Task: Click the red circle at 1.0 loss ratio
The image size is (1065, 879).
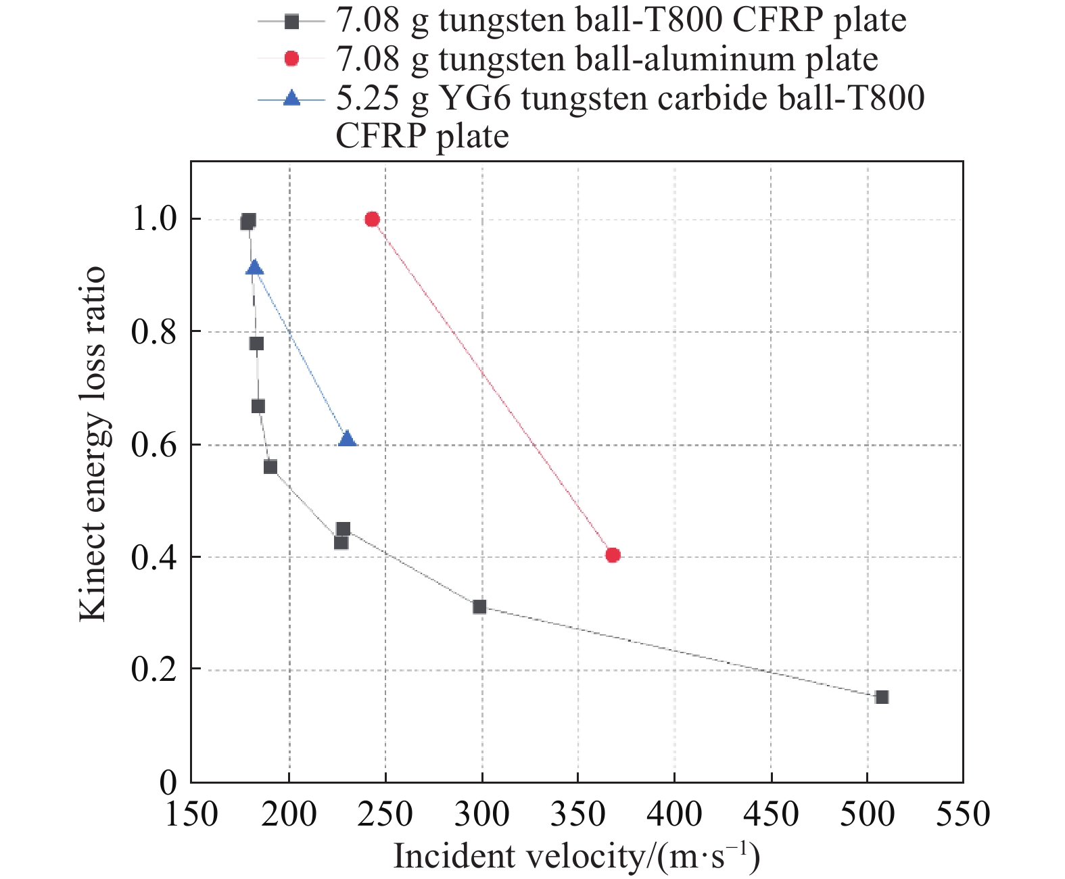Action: (372, 219)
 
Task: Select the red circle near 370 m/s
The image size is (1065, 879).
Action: (613, 555)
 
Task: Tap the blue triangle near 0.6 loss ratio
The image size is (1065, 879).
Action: (347, 439)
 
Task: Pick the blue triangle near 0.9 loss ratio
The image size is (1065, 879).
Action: (254, 268)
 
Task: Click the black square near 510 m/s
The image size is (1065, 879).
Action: (882, 697)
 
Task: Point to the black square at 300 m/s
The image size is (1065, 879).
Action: (479, 607)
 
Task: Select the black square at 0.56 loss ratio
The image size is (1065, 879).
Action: (270, 467)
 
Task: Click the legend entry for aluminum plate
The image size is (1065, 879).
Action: (607, 60)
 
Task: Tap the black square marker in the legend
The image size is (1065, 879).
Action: (291, 22)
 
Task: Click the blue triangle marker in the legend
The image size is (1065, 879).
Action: (291, 99)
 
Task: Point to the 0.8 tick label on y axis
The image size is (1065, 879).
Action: (153, 332)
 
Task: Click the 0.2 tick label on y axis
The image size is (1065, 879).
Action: (153, 669)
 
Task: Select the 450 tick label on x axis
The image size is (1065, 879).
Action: (771, 814)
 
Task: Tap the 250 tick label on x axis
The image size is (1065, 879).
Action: (385, 814)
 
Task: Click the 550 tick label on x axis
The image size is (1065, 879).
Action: (963, 814)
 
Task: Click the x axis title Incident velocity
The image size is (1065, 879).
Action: (576, 857)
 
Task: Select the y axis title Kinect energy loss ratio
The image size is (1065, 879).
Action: (93, 444)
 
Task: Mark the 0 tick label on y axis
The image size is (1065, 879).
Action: (168, 783)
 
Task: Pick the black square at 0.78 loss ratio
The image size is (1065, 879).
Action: (256, 343)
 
